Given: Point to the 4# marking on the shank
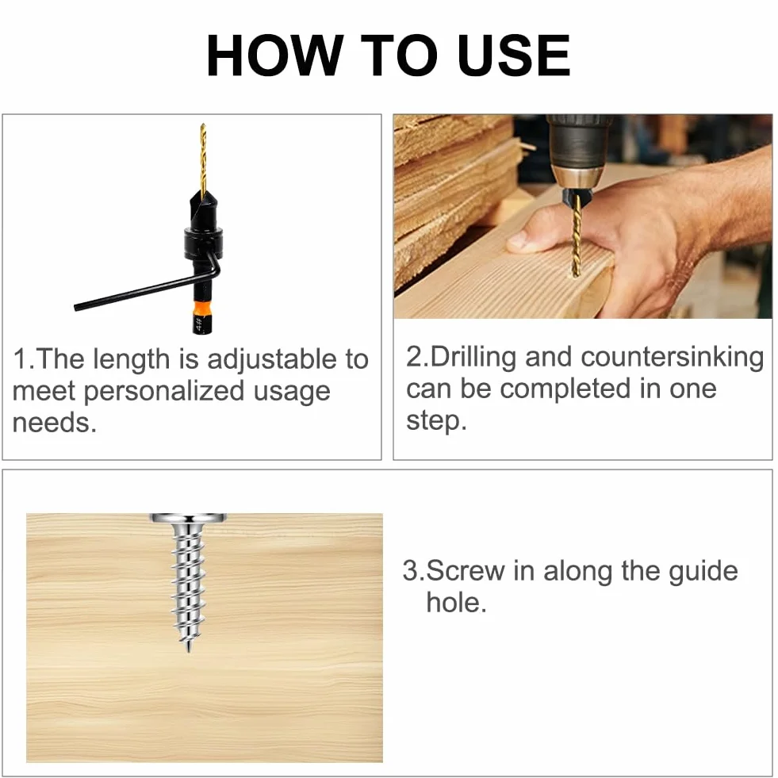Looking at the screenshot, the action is tap(198, 324).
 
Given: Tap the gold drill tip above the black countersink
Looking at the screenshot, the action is tap(203, 159).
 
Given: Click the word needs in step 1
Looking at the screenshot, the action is tap(54, 423).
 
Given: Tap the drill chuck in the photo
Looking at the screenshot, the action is tap(578, 176).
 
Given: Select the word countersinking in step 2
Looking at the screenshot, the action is tap(673, 357).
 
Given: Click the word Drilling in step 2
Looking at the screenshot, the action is tap(473, 358).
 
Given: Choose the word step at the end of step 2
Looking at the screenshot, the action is tap(437, 421).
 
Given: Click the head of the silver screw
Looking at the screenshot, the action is tap(189, 519).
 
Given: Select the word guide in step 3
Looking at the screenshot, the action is tap(703, 572).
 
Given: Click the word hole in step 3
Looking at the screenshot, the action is tap(457, 603).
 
